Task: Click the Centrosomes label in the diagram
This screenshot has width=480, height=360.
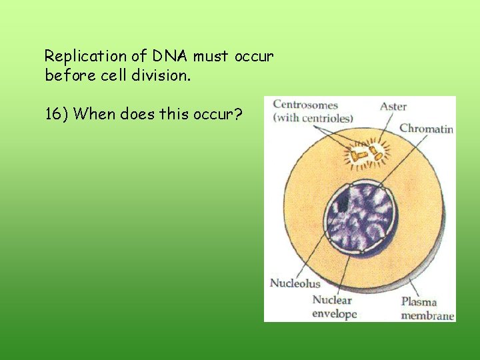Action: [305, 105]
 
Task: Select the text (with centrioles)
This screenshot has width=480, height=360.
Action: [313, 118]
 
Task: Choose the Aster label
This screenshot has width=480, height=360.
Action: [393, 106]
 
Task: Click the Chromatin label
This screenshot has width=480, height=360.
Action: [426, 128]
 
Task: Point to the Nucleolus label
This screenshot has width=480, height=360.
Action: [295, 283]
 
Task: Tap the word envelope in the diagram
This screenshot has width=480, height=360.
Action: [335, 313]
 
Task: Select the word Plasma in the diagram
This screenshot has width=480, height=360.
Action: [419, 302]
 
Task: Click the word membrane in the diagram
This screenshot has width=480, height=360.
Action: [427, 315]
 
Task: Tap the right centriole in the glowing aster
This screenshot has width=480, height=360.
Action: [377, 155]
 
